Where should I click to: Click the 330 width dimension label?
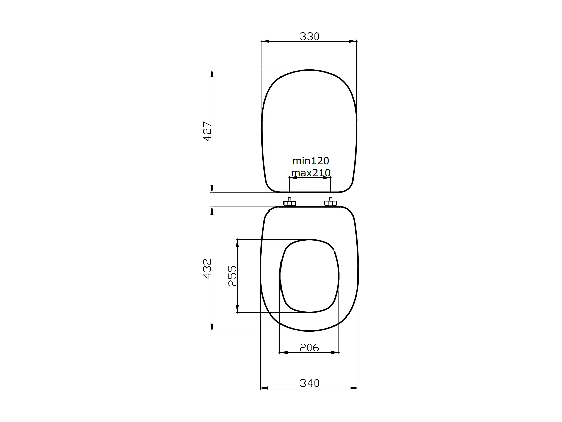tap(310, 36)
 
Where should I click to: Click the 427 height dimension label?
tap(207, 131)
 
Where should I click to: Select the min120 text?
tap(311, 161)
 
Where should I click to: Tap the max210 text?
tap(311, 173)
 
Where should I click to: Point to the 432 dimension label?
tap(207, 269)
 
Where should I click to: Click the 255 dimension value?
tap(233, 276)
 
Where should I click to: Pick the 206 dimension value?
tap(309, 347)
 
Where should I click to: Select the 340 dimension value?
tap(309, 383)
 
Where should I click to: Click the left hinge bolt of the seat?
tap(289, 203)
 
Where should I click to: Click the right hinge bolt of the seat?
tap(330, 203)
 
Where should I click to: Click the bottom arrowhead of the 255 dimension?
tap(237, 309)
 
